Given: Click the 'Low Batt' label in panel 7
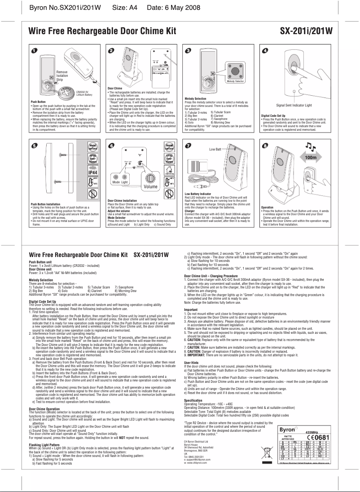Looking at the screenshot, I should point(216,149).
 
